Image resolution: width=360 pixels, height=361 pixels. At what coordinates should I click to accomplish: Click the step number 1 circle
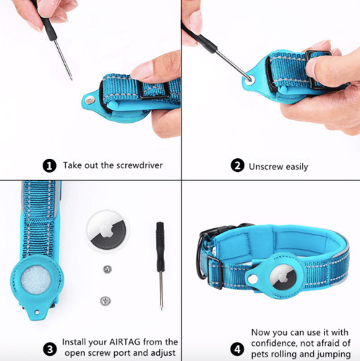50,165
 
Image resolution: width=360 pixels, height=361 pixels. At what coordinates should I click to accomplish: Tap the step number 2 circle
236,165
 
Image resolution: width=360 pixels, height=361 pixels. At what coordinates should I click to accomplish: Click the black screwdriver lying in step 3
160,264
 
